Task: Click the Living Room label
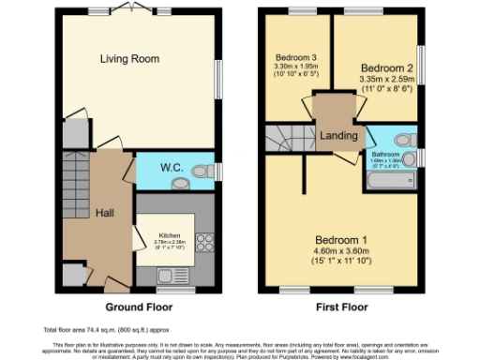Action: pos(127,59)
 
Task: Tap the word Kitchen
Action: pos(169,235)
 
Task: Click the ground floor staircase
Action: pos(75,183)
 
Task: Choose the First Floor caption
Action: pos(340,307)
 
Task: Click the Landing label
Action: pos(338,136)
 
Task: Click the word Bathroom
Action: pos(384,154)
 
